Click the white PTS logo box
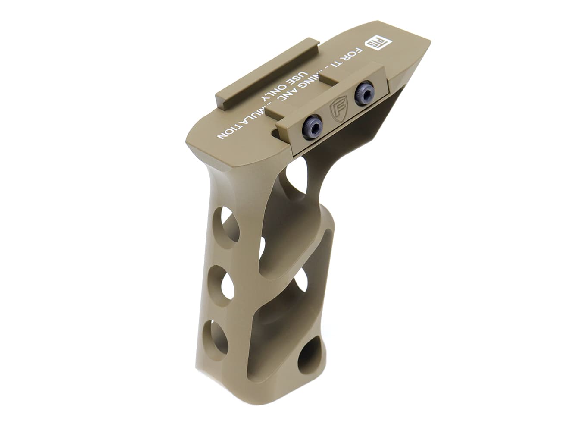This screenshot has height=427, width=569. tap(374, 43)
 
